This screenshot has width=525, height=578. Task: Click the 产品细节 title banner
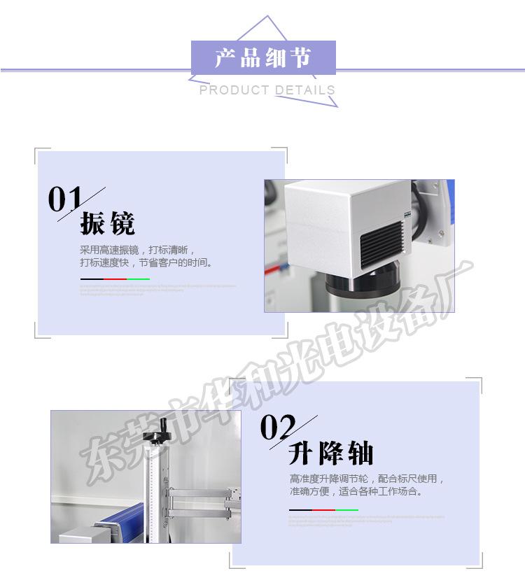pos(263,58)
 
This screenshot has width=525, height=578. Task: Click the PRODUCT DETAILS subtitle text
pos(267,90)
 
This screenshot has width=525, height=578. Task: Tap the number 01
pos(65,199)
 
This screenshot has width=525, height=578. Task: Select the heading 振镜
pos(108,224)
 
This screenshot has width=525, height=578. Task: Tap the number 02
pos(278,428)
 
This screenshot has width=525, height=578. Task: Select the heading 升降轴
pos(331,454)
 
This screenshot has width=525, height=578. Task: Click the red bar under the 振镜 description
pos(115,279)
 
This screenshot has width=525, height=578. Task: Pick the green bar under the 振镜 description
pos(138,279)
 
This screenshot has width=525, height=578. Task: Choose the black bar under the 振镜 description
pos(92,279)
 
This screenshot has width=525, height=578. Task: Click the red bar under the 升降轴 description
pos(323,510)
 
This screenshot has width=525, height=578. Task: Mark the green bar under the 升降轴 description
pos(346,510)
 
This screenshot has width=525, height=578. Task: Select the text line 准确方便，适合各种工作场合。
pos(356,491)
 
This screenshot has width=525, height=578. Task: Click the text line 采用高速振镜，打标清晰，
pos(138,250)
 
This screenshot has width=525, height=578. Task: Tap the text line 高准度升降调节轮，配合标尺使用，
pos(367,479)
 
